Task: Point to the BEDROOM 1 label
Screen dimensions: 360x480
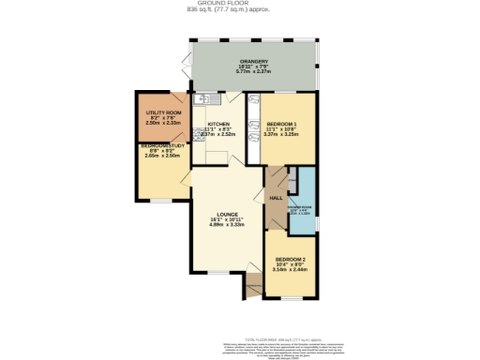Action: point(281,124)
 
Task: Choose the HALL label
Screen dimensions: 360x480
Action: point(276,199)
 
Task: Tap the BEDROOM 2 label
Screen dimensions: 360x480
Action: point(289,259)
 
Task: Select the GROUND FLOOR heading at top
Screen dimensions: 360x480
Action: point(240,4)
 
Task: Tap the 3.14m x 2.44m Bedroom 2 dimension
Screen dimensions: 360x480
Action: point(289,270)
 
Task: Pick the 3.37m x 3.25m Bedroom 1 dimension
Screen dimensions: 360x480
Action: point(281,135)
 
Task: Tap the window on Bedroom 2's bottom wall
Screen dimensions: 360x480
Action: point(290,298)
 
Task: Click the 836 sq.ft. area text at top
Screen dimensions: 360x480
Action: point(240,10)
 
